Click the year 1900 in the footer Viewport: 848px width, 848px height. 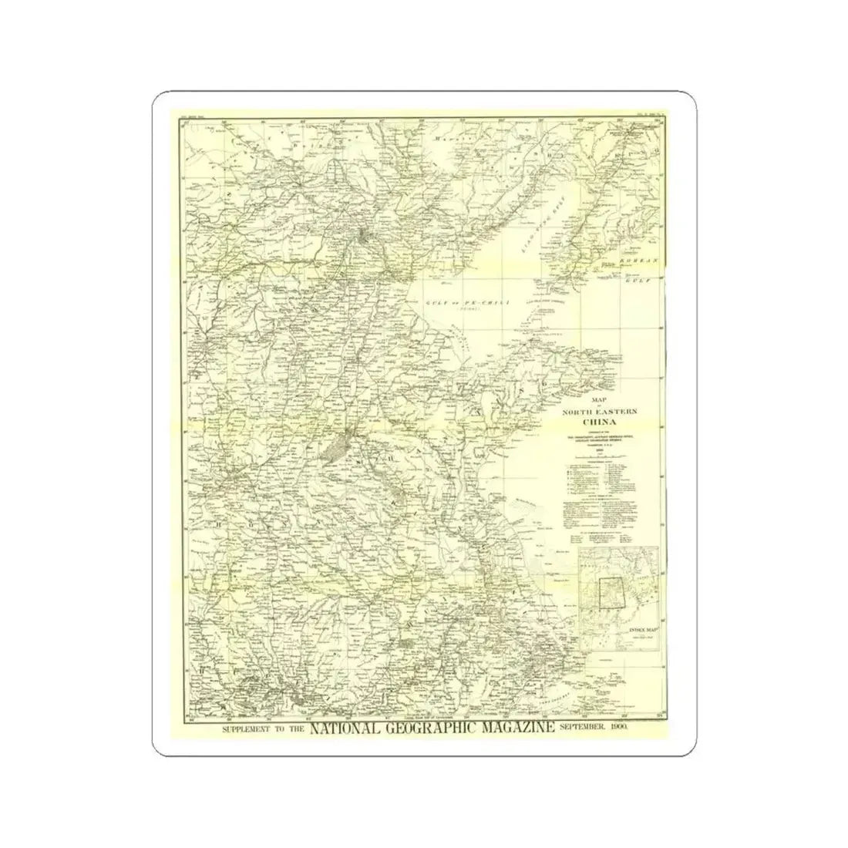618,729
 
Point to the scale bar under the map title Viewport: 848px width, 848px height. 609,456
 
